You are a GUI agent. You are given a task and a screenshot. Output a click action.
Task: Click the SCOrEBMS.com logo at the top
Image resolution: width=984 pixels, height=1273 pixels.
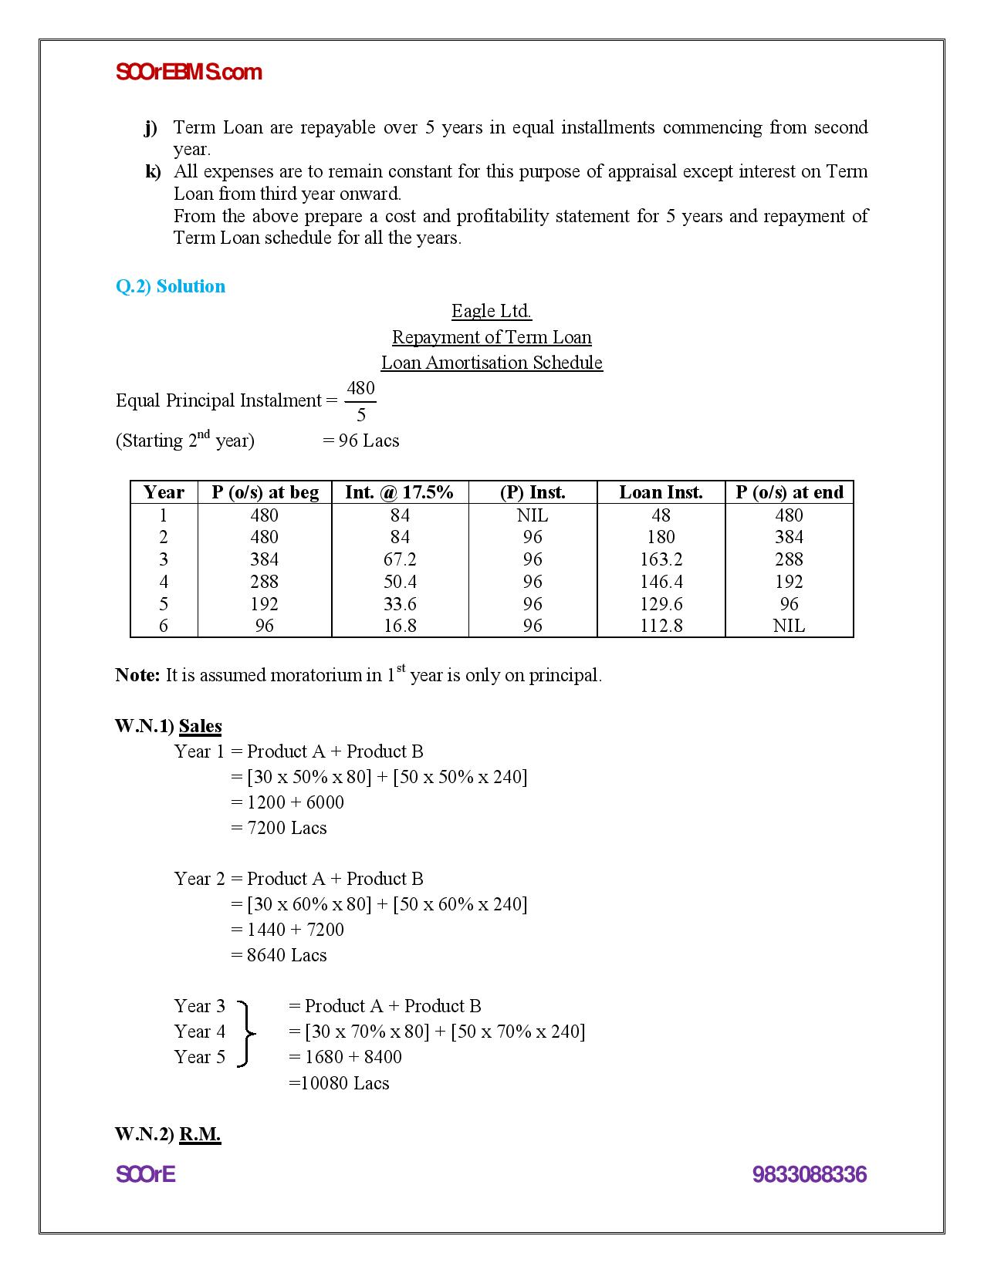click(189, 73)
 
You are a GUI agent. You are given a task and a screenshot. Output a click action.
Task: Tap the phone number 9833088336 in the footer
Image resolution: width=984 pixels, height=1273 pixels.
click(810, 1174)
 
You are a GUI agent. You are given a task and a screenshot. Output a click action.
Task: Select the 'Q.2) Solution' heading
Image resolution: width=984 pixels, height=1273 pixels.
click(171, 286)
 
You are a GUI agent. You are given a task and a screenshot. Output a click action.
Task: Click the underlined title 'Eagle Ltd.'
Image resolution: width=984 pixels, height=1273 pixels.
click(492, 311)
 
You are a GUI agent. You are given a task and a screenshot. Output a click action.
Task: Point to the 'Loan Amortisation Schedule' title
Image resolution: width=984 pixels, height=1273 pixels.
click(492, 363)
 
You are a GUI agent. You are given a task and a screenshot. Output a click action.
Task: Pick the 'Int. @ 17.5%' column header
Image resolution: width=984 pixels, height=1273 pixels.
click(399, 492)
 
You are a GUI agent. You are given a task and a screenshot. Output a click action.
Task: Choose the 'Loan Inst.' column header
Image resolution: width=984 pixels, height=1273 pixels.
click(661, 492)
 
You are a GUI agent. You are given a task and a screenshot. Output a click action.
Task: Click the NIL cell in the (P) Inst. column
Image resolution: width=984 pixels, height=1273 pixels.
click(533, 515)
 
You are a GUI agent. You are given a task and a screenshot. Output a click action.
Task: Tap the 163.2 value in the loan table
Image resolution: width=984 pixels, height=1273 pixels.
click(661, 559)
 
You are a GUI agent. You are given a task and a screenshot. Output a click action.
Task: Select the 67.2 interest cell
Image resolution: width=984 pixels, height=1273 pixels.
click(400, 559)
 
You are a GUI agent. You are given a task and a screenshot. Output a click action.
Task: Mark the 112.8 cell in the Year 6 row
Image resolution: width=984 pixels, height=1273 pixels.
click(661, 626)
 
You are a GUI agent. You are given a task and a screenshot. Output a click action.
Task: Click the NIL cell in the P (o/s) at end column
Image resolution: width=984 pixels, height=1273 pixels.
click(789, 626)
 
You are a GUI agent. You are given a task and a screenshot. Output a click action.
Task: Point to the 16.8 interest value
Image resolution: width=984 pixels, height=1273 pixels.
click(400, 626)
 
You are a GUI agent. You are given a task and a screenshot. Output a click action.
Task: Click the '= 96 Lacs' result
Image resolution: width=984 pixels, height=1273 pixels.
click(361, 441)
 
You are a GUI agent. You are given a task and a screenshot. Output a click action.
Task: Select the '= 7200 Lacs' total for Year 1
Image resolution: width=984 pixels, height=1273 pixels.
click(279, 828)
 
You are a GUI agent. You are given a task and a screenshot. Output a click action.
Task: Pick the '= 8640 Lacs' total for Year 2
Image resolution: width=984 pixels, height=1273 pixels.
click(279, 955)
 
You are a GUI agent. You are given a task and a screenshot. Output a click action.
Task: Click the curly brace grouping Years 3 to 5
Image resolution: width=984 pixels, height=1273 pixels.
click(246, 1032)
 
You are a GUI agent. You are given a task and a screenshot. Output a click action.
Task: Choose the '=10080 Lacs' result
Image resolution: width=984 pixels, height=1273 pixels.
click(339, 1083)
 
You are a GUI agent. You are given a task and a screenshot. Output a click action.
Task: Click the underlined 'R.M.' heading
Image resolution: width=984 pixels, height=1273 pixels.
click(200, 1134)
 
